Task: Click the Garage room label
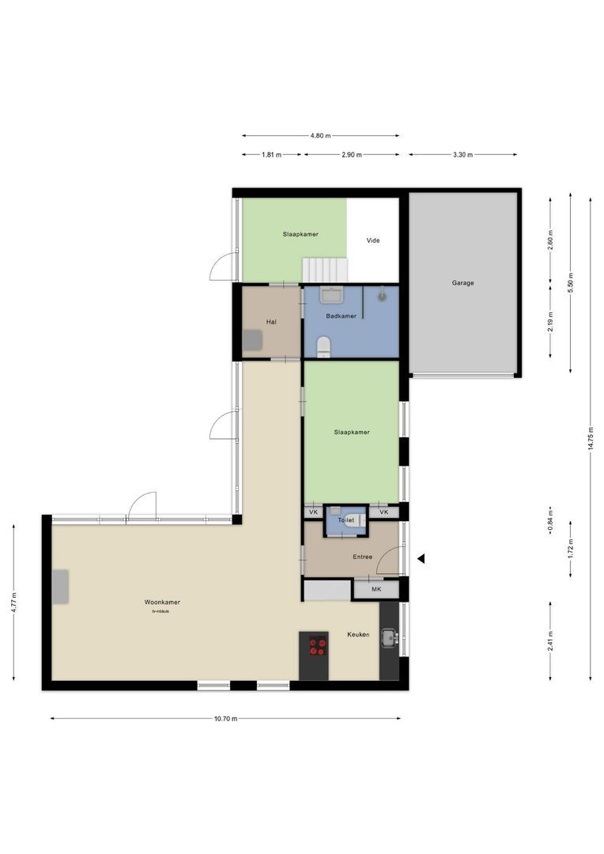(462, 282)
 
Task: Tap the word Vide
(372, 240)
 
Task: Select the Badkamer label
(341, 316)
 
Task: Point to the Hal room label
(271, 322)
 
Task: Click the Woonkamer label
(161, 602)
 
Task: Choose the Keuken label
(358, 634)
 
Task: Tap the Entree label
(362, 557)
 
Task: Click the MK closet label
(376, 589)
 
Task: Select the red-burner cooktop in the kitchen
(318, 646)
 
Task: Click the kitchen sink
(388, 637)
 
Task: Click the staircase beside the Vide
(325, 270)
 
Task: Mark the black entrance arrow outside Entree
(421, 559)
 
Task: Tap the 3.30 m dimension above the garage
(462, 155)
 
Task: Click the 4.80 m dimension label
(320, 135)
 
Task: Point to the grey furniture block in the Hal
(252, 339)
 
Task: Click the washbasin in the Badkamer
(332, 295)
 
